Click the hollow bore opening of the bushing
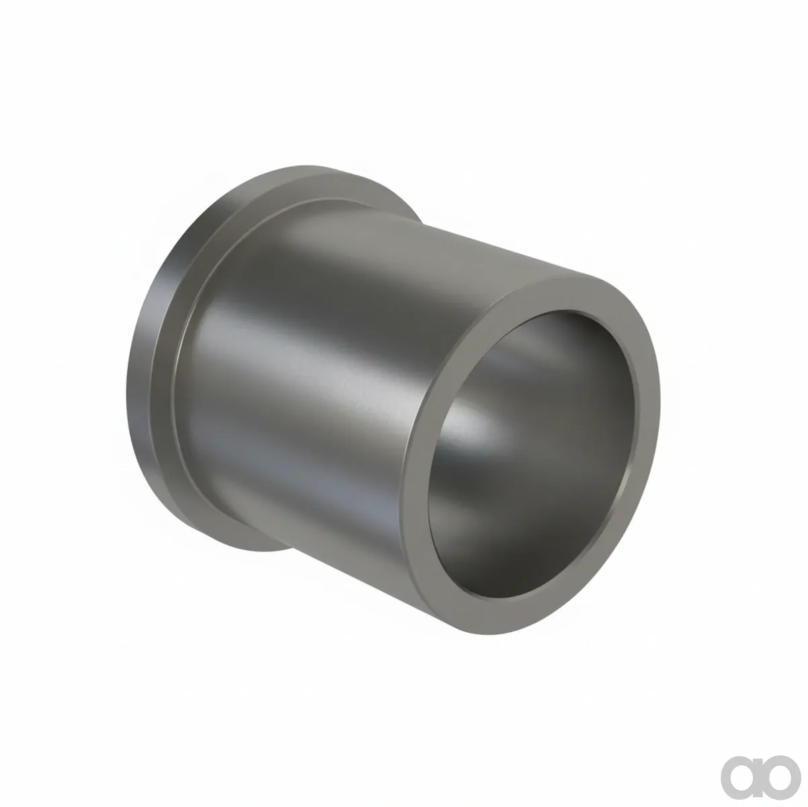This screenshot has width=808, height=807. pos(531,455)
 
